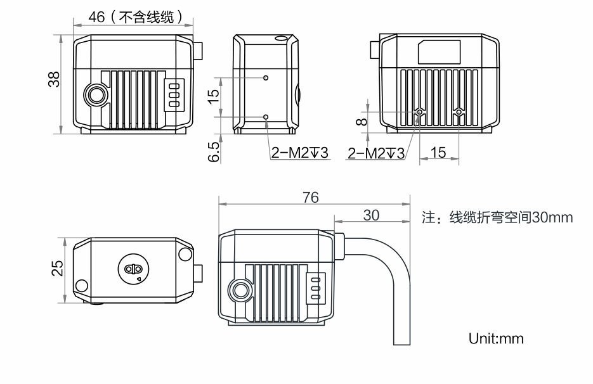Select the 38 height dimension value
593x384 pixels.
54,79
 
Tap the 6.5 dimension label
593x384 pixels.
214,151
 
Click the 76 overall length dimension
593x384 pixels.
311,196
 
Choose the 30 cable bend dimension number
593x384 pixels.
371,215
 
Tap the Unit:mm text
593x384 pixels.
496,338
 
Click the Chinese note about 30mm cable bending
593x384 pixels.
498,218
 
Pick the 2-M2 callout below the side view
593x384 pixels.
299,153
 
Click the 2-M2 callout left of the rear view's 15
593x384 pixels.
376,153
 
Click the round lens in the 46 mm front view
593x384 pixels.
98,95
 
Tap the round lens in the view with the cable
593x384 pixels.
241,290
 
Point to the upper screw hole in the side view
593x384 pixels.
266,78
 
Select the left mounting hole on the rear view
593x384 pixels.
419,113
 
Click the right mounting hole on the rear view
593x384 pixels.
459,113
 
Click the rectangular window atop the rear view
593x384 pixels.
439,51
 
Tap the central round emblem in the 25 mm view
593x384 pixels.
133,269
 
